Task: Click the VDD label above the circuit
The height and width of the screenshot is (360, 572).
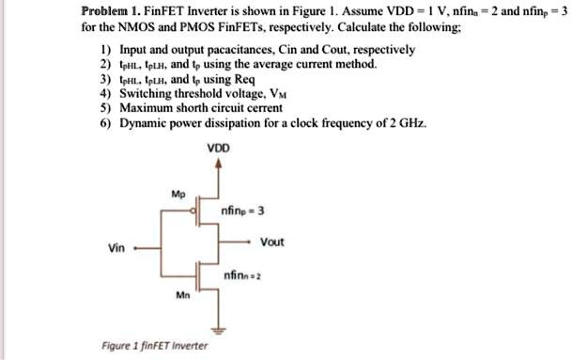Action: pyautogui.click(x=220, y=148)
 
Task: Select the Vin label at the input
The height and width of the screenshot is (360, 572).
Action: pyautogui.click(x=117, y=249)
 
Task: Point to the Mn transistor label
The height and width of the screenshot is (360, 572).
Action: pyautogui.click(x=182, y=294)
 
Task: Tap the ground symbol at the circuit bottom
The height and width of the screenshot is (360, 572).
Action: pyautogui.click(x=220, y=330)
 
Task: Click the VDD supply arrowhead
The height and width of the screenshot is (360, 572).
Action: pyautogui.click(x=220, y=163)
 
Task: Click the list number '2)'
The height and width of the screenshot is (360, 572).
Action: pyautogui.click(x=105, y=65)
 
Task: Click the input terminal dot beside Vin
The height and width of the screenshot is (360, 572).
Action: pyautogui.click(x=137, y=250)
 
